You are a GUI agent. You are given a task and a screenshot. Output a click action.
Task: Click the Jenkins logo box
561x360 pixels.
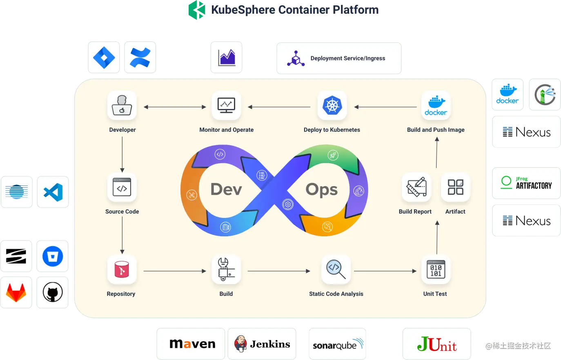[x=262, y=344]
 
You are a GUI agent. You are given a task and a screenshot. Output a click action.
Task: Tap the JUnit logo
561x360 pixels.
[x=437, y=344]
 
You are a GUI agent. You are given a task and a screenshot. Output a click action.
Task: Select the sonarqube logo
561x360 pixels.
[x=338, y=344]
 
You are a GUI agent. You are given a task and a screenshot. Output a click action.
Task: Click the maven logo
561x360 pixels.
[x=192, y=344]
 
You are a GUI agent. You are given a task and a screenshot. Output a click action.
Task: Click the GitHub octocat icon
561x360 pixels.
[x=53, y=293]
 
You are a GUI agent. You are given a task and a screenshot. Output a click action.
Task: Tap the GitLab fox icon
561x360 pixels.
[x=16, y=293]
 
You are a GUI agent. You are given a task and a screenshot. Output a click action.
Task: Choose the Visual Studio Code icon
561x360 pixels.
[x=53, y=192]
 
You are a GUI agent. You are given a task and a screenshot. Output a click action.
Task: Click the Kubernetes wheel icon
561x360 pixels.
[x=332, y=106]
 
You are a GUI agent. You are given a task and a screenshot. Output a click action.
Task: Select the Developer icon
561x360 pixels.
[x=122, y=106]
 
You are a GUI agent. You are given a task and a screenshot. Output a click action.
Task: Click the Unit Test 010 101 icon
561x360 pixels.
[x=436, y=269]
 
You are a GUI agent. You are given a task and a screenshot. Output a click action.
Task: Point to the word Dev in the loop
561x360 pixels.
[x=226, y=189]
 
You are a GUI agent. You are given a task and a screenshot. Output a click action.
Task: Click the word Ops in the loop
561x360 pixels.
[x=322, y=189]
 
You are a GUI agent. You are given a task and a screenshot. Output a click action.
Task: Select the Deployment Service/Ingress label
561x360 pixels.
[x=347, y=58]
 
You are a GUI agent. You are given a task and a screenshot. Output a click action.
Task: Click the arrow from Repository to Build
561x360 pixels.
[x=175, y=271]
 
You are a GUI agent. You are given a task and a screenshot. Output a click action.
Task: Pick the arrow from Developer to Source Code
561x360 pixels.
[x=122, y=154]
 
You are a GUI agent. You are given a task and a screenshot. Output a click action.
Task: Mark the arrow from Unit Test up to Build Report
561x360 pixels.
[x=437, y=237]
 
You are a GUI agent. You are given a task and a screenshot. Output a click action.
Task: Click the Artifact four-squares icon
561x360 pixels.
[x=455, y=187]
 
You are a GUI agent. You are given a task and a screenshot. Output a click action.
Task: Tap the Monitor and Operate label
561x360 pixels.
[x=226, y=130]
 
